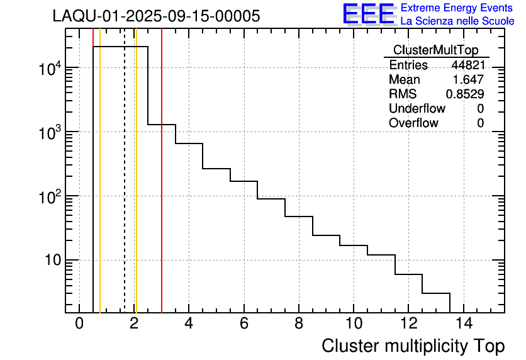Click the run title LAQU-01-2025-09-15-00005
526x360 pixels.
point(156,16)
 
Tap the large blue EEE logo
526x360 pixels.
point(368,14)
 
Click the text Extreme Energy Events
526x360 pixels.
point(457,8)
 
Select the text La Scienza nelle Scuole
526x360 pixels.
point(457,21)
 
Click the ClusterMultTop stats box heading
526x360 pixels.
point(435,50)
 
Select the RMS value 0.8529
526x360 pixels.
point(465,94)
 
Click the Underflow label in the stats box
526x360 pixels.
point(417,109)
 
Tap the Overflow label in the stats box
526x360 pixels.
point(413,123)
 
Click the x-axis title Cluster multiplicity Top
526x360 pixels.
point(413,346)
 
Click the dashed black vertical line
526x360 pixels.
point(125,189)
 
